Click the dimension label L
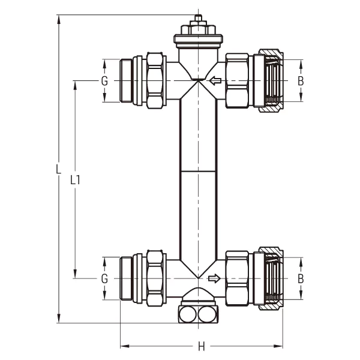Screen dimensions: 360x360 point(58,169)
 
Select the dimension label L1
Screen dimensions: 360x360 point(75,179)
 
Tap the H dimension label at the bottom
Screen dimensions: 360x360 point(202,346)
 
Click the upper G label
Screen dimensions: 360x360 point(104,80)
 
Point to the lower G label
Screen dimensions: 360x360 point(104,278)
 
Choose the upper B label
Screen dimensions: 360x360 point(301,80)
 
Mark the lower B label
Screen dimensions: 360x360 point(301,278)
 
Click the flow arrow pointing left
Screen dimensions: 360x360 point(215,80)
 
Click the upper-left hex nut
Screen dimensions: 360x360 point(154,80)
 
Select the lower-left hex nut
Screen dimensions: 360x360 point(154,278)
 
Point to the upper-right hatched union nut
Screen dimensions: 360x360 point(268,80)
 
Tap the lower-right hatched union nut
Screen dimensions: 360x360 point(268,278)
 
